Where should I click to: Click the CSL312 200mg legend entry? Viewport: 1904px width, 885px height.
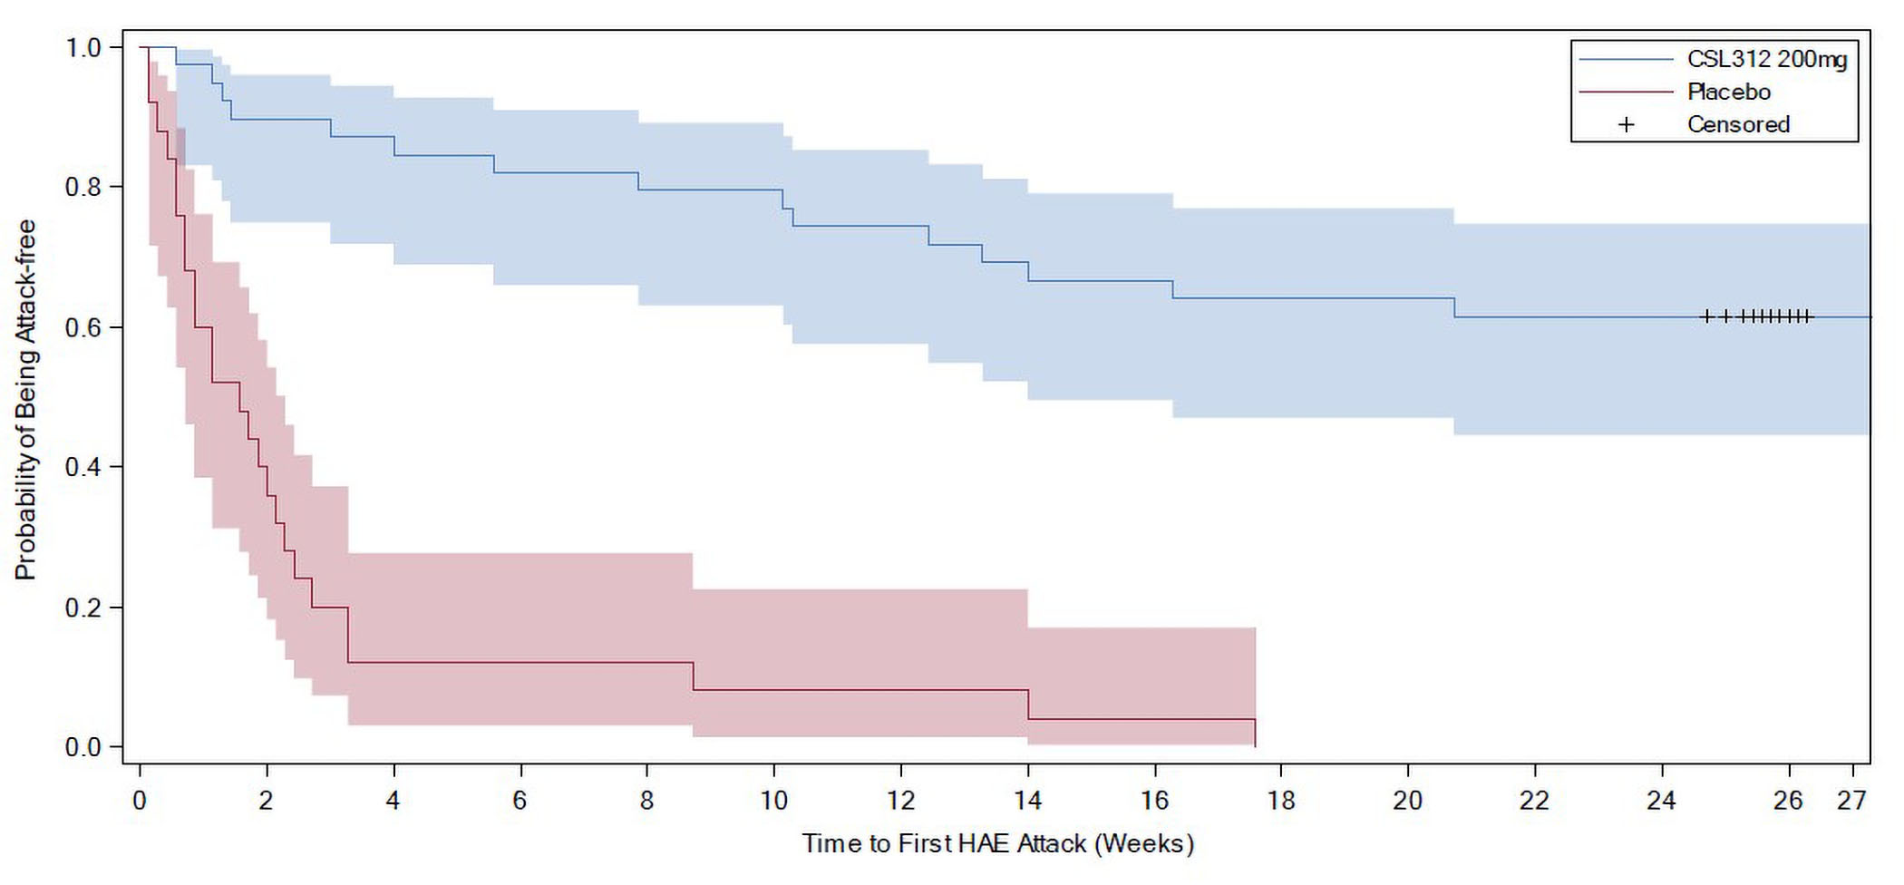(x=1766, y=59)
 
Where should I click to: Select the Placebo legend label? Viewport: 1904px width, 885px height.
(x=1728, y=92)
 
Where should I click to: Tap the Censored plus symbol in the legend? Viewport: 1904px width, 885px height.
(x=1627, y=124)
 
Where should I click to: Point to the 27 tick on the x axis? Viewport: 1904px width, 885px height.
(x=1851, y=800)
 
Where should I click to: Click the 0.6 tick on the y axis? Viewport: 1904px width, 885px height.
(x=83, y=326)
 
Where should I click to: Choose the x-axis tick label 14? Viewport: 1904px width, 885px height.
(x=1027, y=800)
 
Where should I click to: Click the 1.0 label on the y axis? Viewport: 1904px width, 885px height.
(x=83, y=47)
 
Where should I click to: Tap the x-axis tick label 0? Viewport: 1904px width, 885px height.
(x=140, y=800)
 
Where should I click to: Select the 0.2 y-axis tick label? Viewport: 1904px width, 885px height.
(x=83, y=607)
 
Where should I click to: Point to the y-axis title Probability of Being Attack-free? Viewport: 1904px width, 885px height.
(x=25, y=399)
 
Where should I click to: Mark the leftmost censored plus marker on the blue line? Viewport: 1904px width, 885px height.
(x=1706, y=316)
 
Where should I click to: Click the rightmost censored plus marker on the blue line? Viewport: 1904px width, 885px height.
(x=1807, y=316)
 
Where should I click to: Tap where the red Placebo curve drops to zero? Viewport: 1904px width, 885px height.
(x=1255, y=745)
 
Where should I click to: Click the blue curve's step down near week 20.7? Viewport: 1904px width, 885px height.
(x=1454, y=307)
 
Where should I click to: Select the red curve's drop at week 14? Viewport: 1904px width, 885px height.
(x=1028, y=705)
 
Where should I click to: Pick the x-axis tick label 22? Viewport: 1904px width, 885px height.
(x=1535, y=800)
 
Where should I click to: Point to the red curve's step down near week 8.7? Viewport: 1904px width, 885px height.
(x=693, y=676)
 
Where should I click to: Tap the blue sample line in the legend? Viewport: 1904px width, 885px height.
(x=1627, y=59)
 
